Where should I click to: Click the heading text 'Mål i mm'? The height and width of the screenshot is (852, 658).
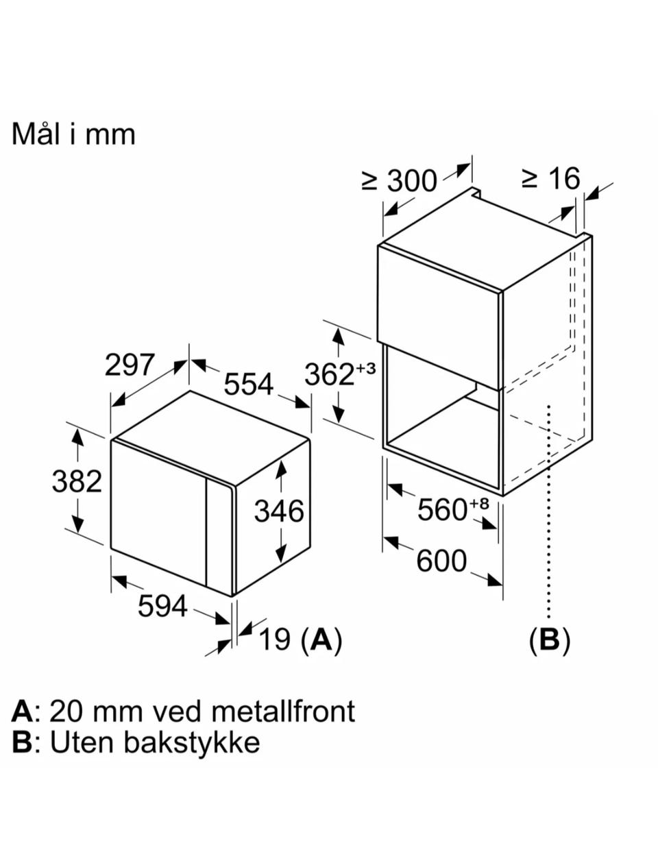[73, 134]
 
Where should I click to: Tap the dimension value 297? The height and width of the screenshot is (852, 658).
[130, 365]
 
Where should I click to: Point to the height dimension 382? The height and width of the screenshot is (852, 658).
[77, 481]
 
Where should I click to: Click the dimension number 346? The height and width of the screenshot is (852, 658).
[279, 511]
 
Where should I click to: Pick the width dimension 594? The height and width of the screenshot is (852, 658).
[162, 606]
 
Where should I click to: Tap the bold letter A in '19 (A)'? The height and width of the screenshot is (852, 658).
[321, 640]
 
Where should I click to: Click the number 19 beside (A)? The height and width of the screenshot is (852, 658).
[275, 640]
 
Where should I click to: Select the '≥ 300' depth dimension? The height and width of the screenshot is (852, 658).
[399, 181]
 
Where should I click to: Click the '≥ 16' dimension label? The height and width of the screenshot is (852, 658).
[550, 178]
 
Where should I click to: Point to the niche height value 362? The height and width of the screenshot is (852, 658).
[330, 374]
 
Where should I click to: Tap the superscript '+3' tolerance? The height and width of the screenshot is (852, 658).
[365, 368]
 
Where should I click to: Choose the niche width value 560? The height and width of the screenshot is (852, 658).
[442, 510]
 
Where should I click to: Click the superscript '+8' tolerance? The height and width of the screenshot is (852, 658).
[478, 503]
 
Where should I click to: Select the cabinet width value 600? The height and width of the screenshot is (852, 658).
[441, 561]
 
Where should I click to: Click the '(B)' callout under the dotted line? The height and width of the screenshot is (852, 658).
[550, 640]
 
